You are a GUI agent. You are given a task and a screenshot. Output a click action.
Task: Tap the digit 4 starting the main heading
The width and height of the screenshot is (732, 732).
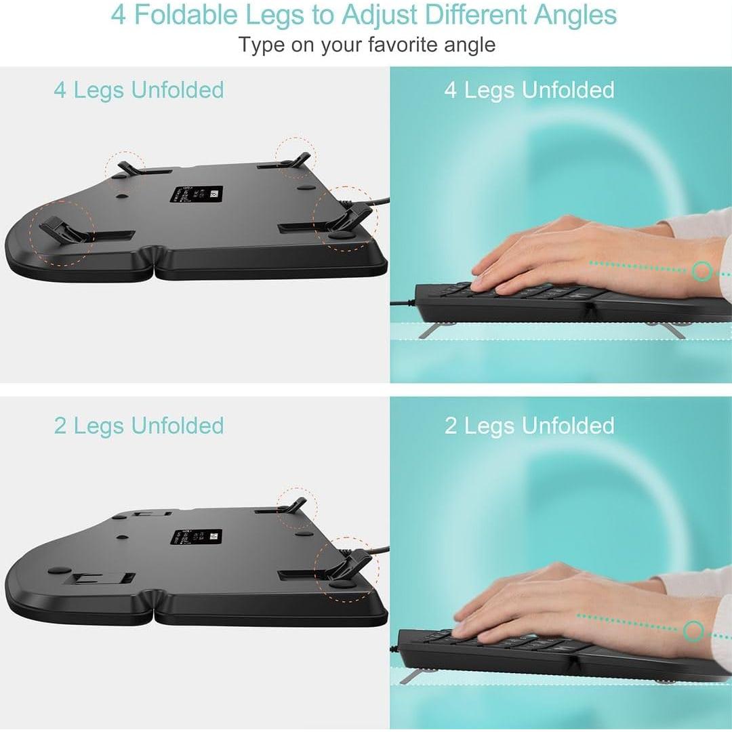point(119,15)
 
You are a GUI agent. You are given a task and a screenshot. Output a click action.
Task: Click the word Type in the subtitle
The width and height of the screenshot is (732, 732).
point(262,45)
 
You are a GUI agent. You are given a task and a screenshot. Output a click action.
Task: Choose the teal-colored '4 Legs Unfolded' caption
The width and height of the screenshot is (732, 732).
point(139,89)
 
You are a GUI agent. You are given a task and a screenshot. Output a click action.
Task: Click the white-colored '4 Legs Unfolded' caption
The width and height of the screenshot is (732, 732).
point(529,89)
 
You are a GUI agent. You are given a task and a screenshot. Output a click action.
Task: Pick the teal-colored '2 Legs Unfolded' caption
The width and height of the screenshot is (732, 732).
point(139,426)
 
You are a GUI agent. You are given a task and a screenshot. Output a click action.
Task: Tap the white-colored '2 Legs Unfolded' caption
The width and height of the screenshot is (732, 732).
point(529,426)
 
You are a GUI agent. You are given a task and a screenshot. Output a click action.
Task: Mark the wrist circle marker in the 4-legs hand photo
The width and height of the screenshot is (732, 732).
point(703,272)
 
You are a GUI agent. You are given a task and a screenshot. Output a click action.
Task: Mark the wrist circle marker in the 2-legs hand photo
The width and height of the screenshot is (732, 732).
point(693,632)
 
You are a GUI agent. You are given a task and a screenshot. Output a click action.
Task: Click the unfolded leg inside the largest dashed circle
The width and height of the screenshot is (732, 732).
point(61,230)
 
